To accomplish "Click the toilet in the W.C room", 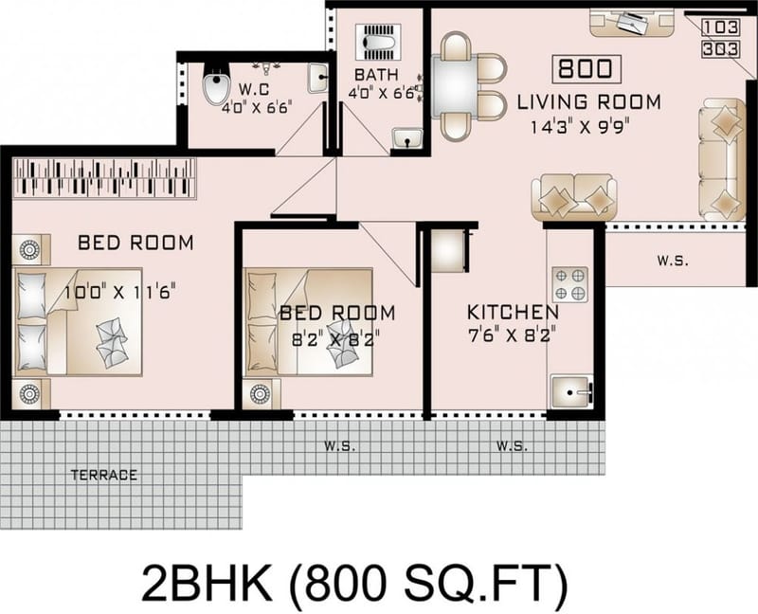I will tap(216, 87).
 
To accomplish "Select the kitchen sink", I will tap(570, 391).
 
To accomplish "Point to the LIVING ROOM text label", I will tap(588, 101).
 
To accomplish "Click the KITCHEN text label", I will tap(513, 312).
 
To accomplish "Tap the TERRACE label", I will tap(104, 475).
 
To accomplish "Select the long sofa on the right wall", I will tap(720, 160).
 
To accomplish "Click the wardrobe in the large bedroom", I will tap(104, 177).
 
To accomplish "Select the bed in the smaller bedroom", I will tap(308, 322).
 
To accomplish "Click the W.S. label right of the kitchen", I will tap(675, 259).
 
